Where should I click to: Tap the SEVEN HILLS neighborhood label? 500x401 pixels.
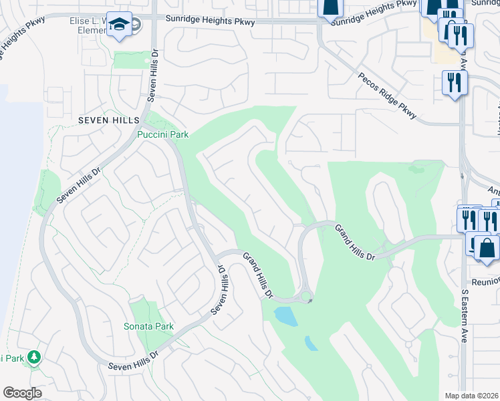coord(107,120)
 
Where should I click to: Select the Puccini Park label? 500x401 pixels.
coord(163,134)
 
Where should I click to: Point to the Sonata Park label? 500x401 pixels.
coord(148,326)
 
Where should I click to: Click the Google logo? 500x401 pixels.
coord(22,393)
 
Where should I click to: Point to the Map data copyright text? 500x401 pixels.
coord(472,396)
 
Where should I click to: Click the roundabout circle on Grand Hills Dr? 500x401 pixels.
coord(305,295)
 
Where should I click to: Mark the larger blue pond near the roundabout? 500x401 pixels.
coord(286,315)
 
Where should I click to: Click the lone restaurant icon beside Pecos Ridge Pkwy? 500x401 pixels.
coord(455,83)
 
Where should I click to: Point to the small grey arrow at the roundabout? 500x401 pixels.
coord(310,301)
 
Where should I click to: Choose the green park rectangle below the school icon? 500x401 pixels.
coord(132,59)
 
